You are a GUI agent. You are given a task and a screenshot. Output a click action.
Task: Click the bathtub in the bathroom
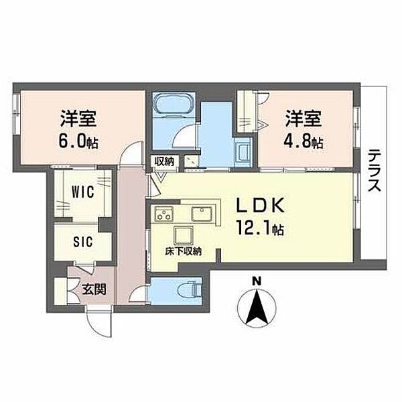[174, 104]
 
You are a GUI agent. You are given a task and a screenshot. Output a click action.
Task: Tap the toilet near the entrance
[190, 291]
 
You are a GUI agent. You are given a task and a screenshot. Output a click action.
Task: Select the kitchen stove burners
[164, 213]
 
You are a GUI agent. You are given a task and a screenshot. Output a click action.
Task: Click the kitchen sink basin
[202, 214]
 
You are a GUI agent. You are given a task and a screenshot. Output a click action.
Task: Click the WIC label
[82, 192]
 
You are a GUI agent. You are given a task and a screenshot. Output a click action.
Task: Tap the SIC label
[82, 241]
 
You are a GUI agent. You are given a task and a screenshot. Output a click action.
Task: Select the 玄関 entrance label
[94, 289]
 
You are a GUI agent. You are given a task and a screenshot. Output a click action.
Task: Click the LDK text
[260, 205]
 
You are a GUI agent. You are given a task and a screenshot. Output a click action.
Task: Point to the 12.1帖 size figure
[260, 228]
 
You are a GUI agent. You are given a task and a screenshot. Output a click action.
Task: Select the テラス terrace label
[374, 170]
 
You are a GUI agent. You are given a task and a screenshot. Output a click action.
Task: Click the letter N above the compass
[257, 282]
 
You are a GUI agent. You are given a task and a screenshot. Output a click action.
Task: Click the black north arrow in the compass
[257, 308]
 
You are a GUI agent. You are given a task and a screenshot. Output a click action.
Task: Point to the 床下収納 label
[183, 251]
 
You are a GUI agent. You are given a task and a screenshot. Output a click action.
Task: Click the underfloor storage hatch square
[184, 235]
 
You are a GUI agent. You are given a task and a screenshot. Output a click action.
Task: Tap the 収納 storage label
[164, 161]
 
